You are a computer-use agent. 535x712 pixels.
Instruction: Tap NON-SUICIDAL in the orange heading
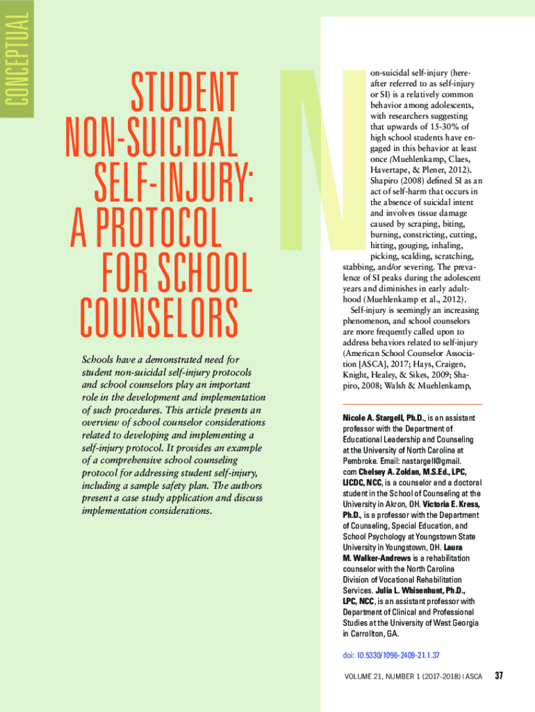tap(151, 138)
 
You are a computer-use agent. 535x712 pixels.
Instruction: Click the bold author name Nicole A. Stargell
tap(374, 418)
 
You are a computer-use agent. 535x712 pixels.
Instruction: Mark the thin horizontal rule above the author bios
tap(412, 404)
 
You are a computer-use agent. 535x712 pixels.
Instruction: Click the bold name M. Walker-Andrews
tap(377, 558)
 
